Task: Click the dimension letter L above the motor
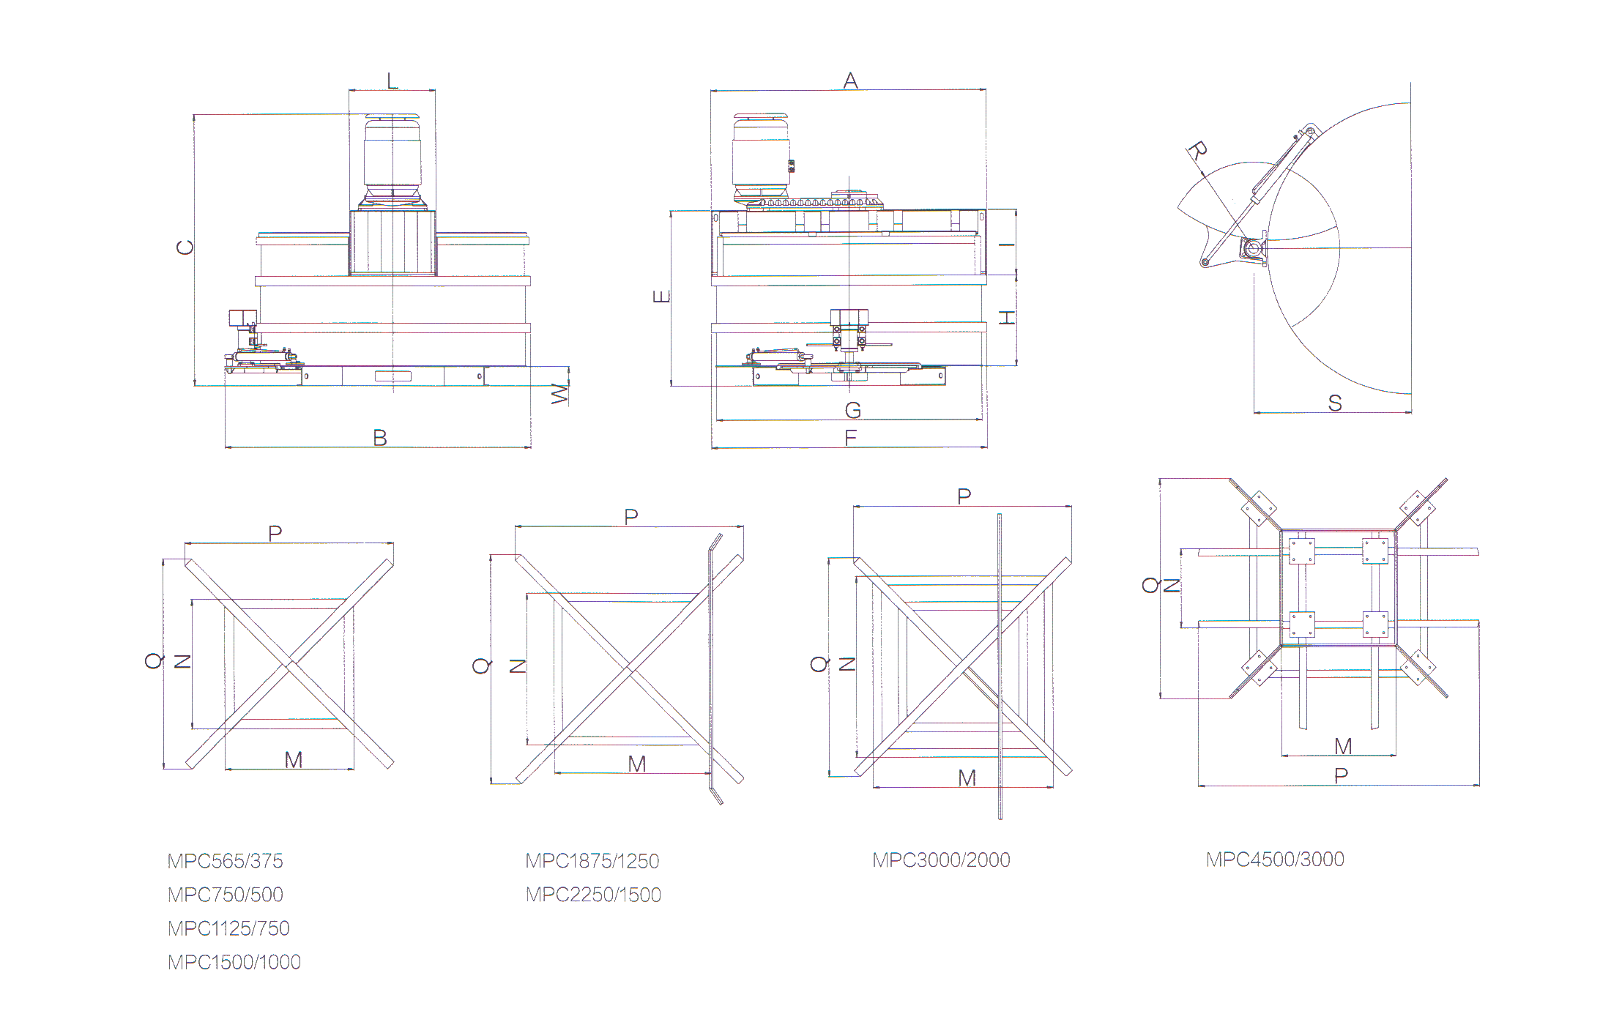[392, 81]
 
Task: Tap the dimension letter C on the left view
[185, 247]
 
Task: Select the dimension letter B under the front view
[380, 438]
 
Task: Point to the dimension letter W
[559, 394]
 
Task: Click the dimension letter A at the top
[850, 81]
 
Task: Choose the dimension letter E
[661, 297]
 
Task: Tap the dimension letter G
[853, 411]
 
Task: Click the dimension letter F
[850, 438]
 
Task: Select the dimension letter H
[1008, 318]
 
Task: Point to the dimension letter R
[1197, 152]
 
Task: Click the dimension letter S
[1335, 403]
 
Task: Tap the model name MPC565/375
[226, 861]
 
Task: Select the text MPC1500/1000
[234, 962]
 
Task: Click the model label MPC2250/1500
[593, 895]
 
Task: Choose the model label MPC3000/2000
[941, 860]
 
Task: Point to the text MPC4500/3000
[1275, 859]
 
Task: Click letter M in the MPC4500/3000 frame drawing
[1343, 746]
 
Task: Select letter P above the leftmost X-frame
[275, 533]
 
